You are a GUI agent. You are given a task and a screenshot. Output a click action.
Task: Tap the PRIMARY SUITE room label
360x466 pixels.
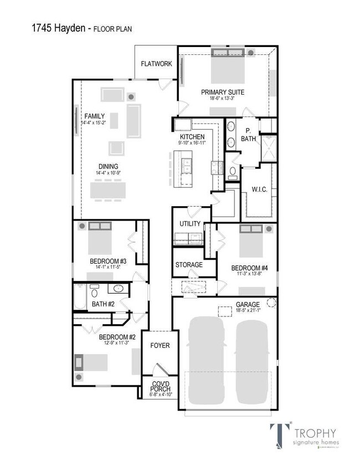pos(223,92)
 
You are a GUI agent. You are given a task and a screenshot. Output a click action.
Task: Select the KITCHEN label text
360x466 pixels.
pos(192,137)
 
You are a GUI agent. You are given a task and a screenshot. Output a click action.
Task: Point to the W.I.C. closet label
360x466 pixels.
pos(260,190)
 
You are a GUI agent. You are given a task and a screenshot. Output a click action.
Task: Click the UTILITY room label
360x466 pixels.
pos(190,224)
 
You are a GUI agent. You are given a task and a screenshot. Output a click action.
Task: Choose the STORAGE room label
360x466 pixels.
pos(189,265)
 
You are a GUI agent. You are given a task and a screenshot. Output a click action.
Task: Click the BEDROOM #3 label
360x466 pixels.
pos(109,261)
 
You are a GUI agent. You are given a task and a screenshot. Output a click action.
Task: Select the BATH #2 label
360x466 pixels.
pos(103,304)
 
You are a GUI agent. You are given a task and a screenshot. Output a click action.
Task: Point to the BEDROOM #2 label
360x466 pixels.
pos(117,337)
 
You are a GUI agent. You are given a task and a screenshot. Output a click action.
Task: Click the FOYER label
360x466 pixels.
pos(160,346)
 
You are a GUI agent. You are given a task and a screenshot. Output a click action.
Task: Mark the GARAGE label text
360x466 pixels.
pos(247,305)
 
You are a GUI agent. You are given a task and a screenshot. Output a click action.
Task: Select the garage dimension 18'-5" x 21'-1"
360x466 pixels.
pos(248,311)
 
